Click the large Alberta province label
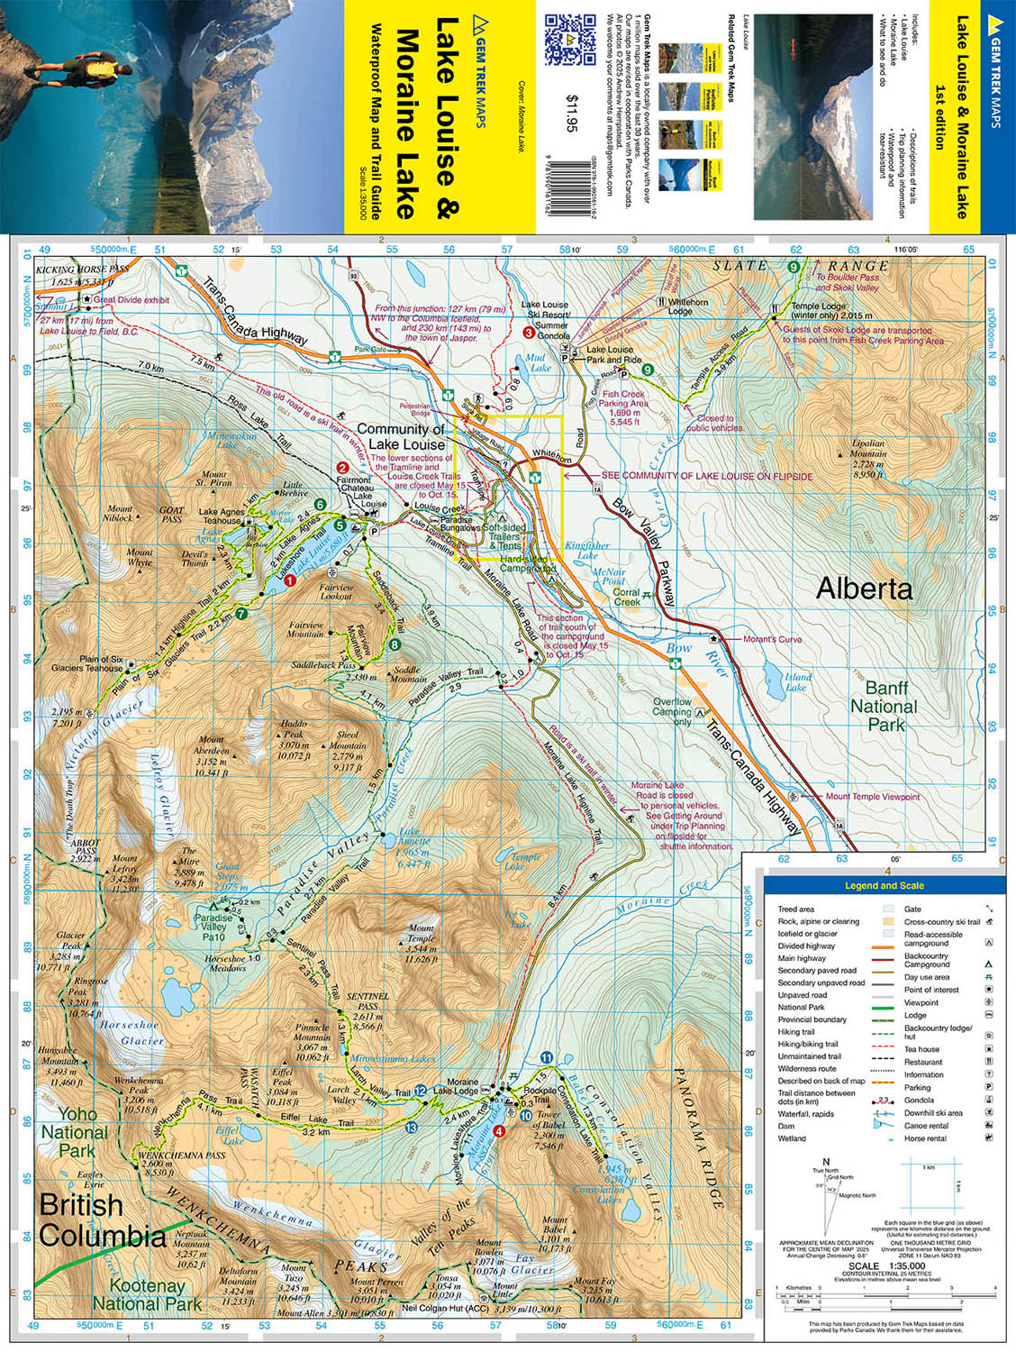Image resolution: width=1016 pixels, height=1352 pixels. (864, 589)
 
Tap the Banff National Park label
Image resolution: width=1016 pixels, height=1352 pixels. (884, 707)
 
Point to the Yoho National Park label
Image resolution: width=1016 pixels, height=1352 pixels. (75, 1132)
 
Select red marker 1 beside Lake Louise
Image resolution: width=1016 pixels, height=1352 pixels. (289, 582)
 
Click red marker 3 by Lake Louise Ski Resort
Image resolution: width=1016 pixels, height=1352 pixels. (530, 333)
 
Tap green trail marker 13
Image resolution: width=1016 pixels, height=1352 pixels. (412, 1128)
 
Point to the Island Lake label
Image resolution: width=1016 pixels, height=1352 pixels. (796, 681)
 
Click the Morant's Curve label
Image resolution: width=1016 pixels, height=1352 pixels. (773, 639)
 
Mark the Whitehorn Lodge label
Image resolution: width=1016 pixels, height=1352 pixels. (687, 306)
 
